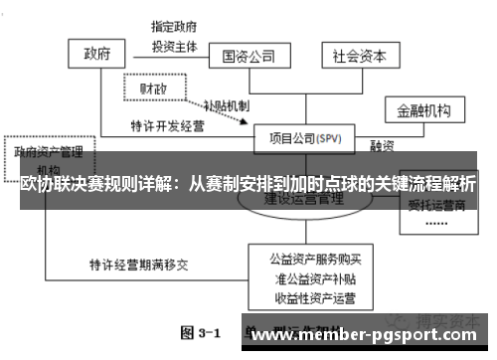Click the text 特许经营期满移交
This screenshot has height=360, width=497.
136,266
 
